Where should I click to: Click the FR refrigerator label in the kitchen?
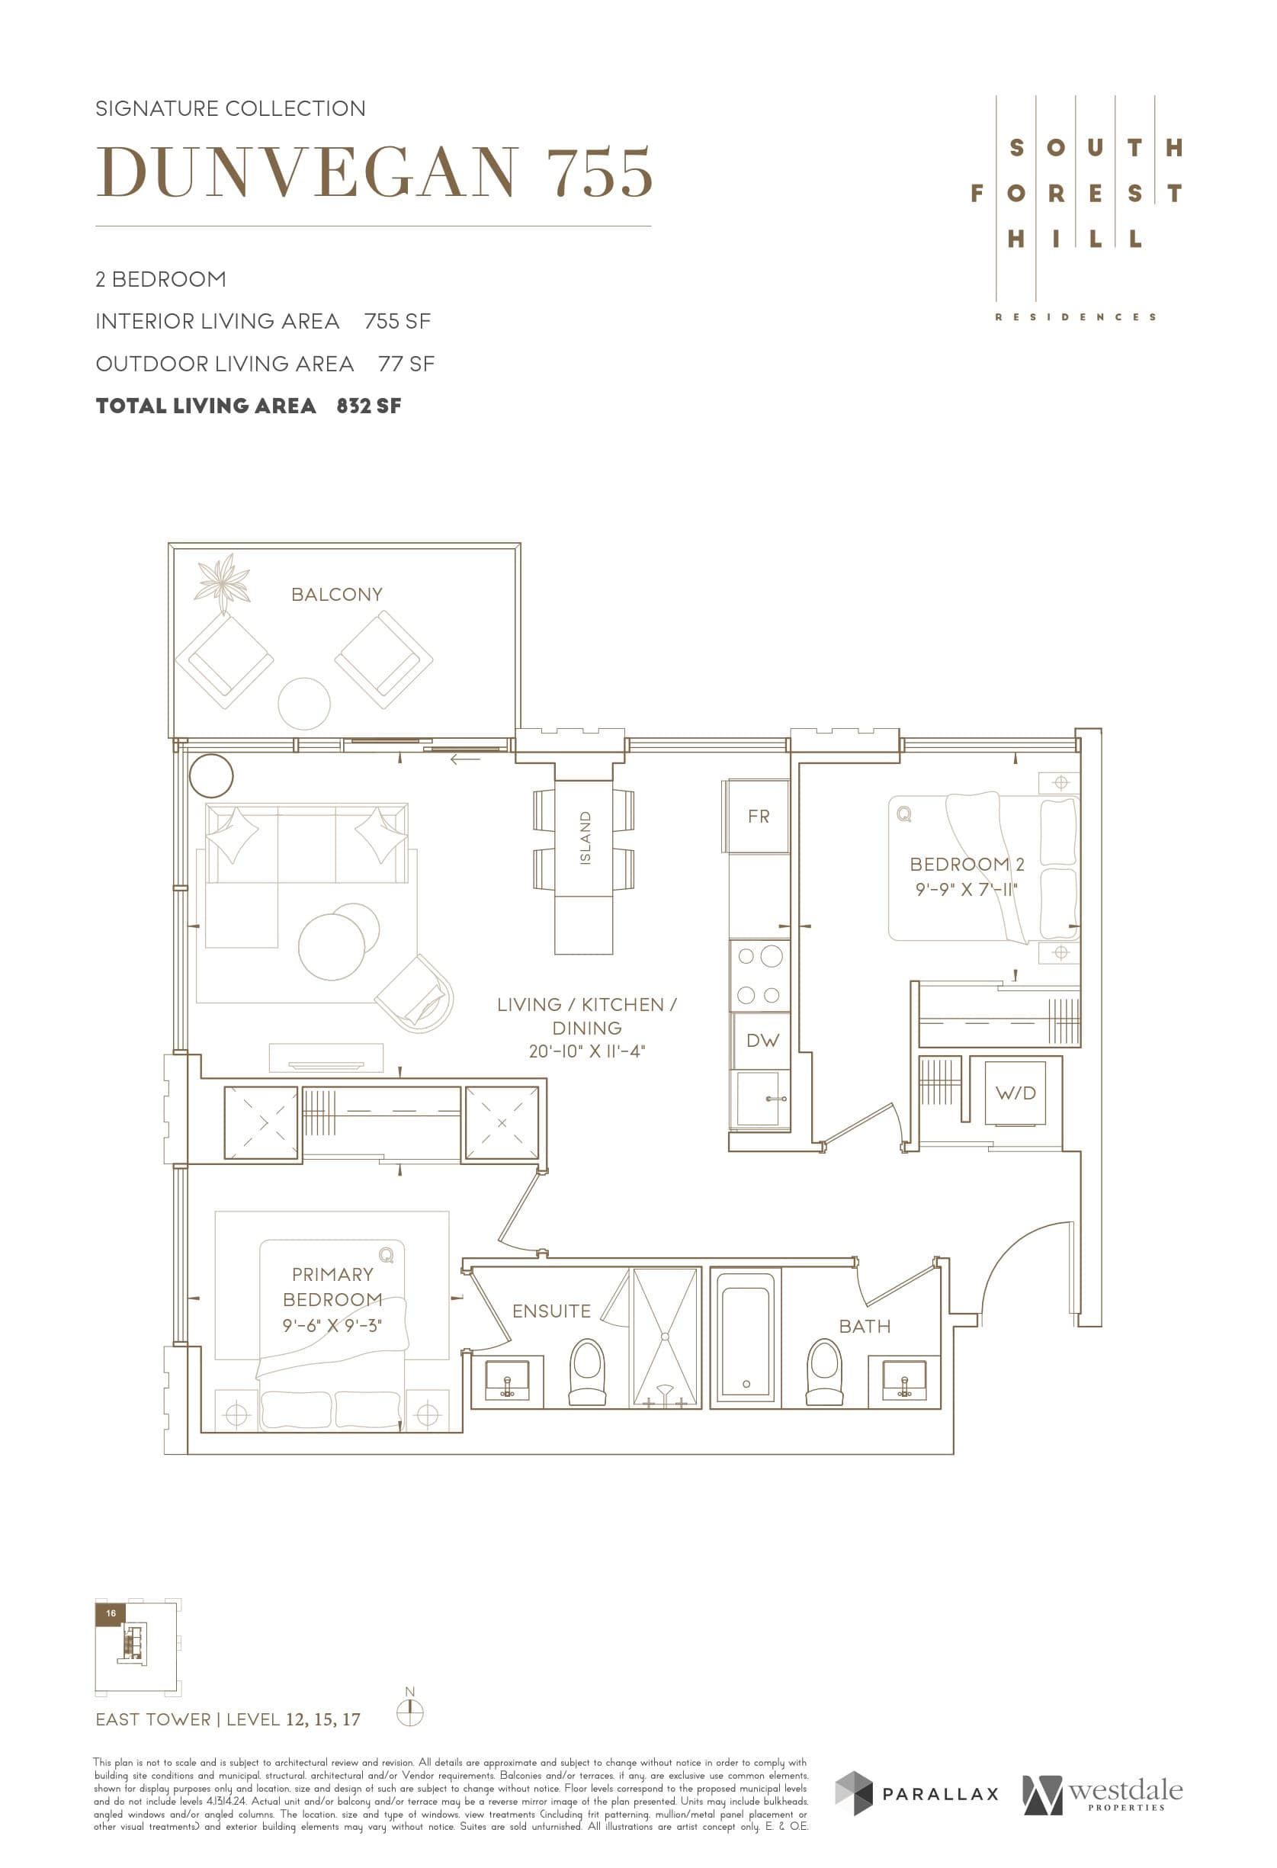758,817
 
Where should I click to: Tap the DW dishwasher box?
762,1040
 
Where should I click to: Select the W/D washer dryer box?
1015,1093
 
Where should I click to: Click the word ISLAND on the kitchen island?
585,837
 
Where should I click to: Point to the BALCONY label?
337,595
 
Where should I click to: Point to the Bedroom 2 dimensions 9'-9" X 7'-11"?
966,889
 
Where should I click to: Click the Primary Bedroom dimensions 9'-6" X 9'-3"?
332,1324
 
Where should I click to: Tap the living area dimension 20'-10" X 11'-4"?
587,1051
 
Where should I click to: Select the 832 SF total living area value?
369,406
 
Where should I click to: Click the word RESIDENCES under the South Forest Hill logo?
1075,317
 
